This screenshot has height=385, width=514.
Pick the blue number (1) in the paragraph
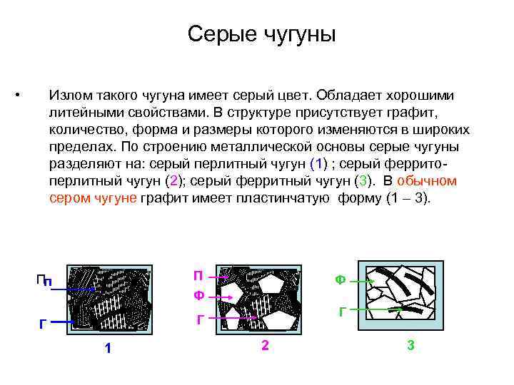coord(318,163)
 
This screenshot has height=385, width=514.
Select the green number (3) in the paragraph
coord(366,180)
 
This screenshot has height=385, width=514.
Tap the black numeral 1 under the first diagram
coord(108,348)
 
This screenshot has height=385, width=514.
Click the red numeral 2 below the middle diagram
coord(265,346)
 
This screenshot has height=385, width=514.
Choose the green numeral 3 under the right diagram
coord(410,346)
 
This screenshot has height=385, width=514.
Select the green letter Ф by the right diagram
coord(341,280)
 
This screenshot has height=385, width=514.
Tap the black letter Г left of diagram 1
coord(43,324)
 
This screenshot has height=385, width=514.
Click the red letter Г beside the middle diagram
coord(201,319)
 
